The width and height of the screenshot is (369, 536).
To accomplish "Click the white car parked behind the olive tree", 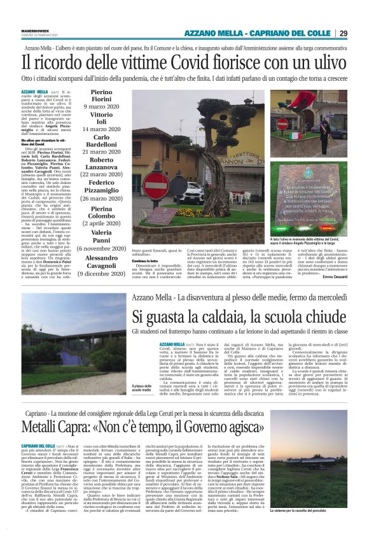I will (x=179, y=187).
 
